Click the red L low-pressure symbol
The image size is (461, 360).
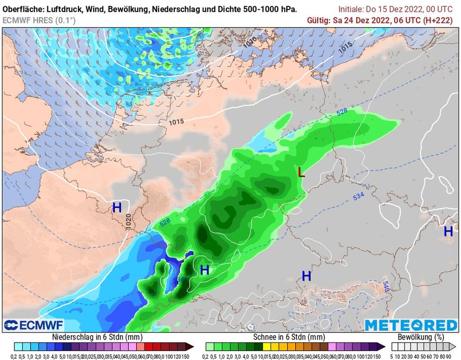[301, 172]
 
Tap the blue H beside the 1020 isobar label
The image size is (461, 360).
[117, 208]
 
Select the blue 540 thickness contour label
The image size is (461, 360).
[386, 286]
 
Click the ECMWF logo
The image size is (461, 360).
[34, 325]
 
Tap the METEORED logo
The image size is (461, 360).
[411, 325]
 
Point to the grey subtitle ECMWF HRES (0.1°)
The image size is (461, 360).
[39, 20]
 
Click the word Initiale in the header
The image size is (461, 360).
[352, 9]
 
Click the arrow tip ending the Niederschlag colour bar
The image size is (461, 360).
[192, 346]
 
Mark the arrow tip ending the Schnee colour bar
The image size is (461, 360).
[384, 346]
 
